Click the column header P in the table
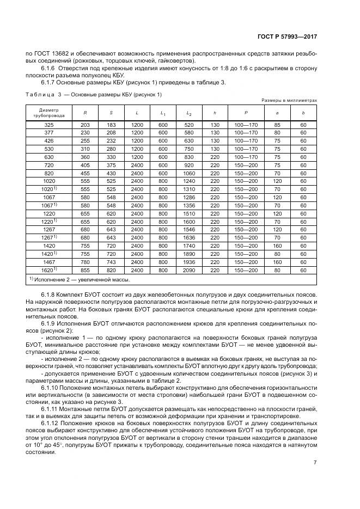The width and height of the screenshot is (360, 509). click(238, 113)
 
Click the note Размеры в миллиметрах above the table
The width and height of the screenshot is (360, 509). click(289, 101)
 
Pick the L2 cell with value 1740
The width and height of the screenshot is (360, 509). click(188, 245)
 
